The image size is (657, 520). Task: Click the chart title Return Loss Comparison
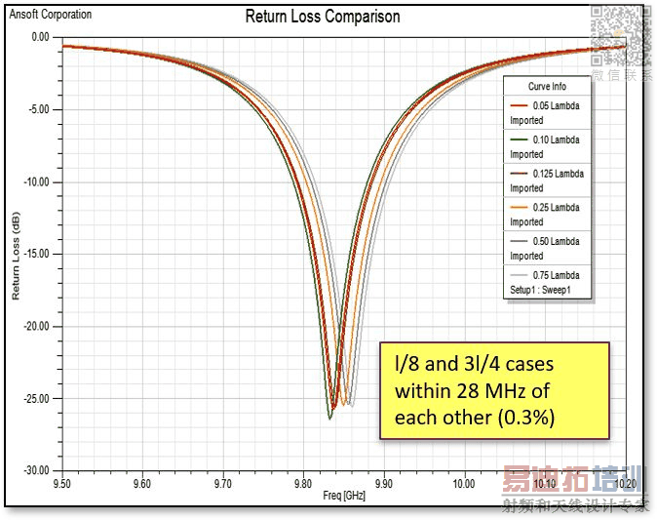point(322,17)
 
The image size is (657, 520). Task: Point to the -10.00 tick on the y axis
point(35,181)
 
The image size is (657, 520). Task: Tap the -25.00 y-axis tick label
point(35,398)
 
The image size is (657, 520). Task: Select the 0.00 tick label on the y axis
point(39,37)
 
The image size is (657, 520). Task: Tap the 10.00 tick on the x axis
point(463,483)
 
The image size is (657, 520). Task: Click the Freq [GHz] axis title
point(344,496)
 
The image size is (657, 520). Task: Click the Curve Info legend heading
point(546,87)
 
